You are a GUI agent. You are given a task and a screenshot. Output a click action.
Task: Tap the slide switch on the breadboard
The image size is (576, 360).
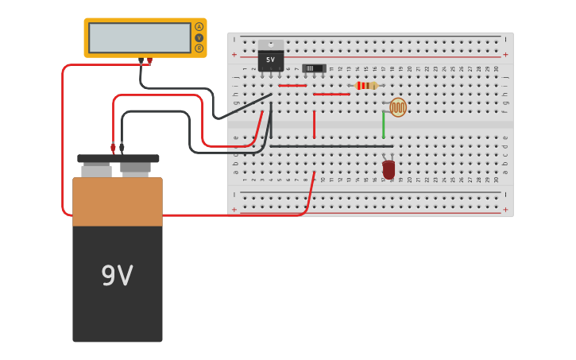pos(314,68)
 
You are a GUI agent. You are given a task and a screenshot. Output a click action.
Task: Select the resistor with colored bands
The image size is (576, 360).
pos(366,86)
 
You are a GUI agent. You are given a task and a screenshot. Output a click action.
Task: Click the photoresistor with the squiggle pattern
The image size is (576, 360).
pos(397,107)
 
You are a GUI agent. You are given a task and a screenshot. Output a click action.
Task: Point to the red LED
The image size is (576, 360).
pos(389,168)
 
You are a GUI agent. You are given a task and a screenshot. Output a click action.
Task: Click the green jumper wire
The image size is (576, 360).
pos(383,125)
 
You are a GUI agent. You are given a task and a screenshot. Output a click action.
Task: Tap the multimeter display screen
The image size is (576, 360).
pos(139,37)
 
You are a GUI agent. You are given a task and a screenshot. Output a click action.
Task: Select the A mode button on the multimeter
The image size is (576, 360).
pos(199,26)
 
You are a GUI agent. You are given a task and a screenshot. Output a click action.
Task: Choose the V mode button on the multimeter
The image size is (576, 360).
pos(199,37)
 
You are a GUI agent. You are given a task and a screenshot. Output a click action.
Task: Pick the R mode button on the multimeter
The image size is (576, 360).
pos(199,48)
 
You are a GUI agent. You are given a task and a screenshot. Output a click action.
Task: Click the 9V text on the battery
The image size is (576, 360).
pos(117,276)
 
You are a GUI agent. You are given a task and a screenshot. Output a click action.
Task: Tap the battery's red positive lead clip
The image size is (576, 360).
pos(113,147)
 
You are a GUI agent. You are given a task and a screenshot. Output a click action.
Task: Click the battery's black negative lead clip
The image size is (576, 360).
pos(122,147)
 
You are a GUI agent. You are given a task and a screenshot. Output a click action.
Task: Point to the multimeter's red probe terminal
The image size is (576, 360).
pos(149,60)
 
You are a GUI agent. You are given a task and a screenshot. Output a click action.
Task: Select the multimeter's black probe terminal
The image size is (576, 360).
pos(141,60)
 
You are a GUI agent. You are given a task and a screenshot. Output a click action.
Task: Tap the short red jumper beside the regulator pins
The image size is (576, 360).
pos(292,85)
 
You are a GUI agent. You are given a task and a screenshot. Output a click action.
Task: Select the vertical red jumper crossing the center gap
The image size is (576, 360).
pos(314,125)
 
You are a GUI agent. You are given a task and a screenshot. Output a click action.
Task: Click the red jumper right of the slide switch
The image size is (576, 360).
pos(331,95)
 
